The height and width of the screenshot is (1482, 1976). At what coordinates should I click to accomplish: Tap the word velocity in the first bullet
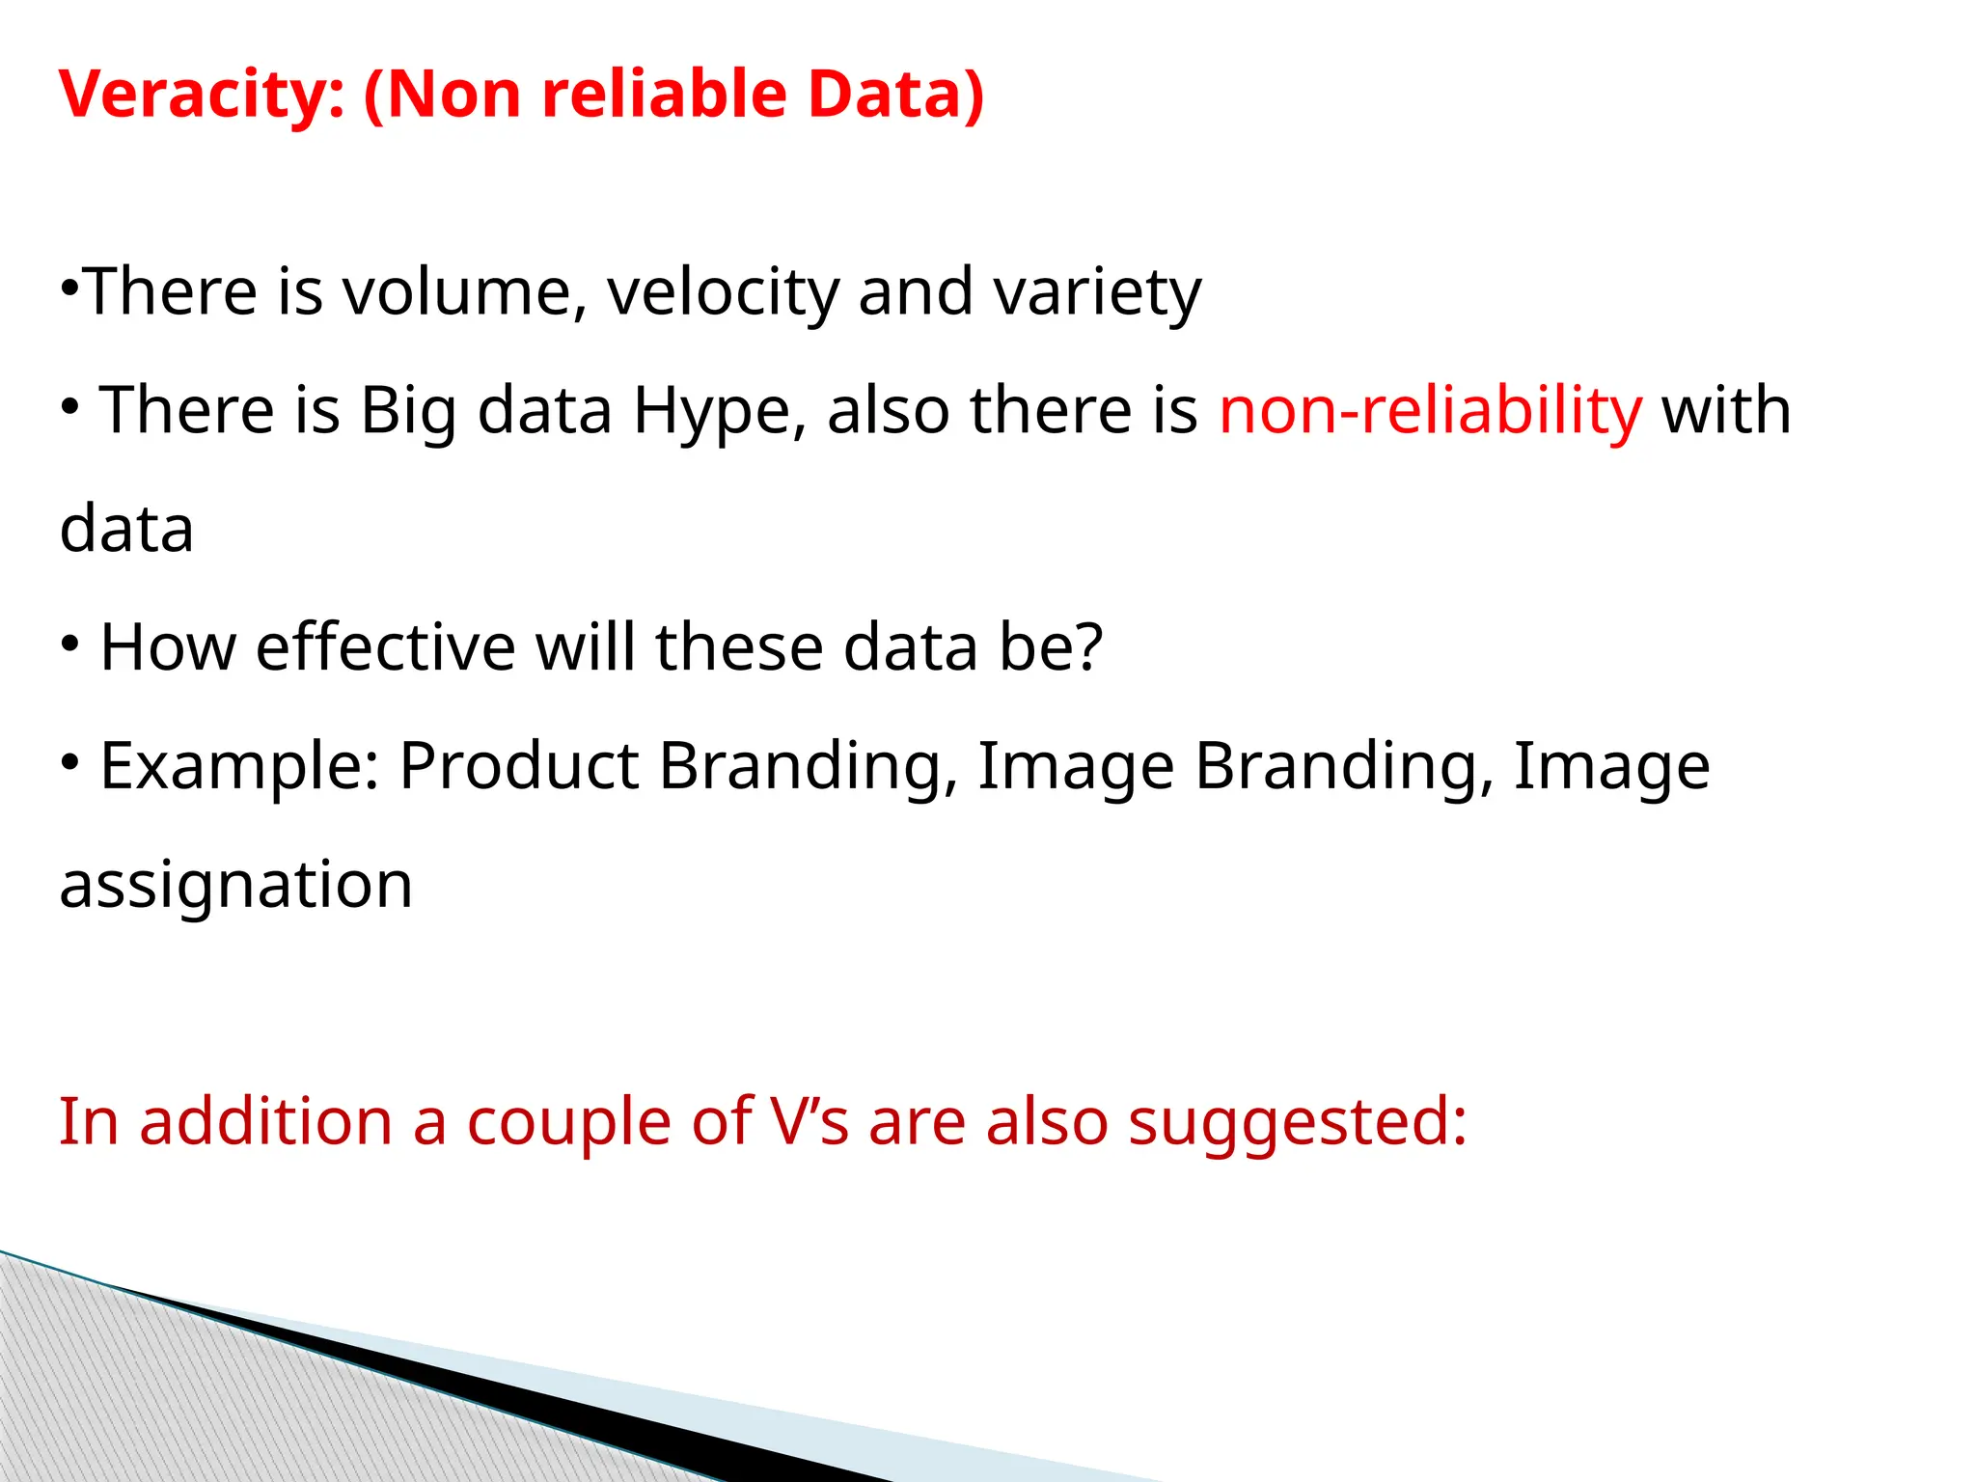pyautogui.click(x=723, y=291)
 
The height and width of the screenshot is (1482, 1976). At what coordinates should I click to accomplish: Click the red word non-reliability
pyautogui.click(x=1430, y=410)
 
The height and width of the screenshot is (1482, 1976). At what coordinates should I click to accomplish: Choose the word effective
pyautogui.click(x=385, y=646)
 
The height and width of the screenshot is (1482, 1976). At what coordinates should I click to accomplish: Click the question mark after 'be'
pyautogui.click(x=1089, y=646)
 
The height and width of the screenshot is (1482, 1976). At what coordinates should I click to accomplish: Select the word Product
pyautogui.click(x=519, y=765)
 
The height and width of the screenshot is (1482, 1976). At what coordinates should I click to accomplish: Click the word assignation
pyautogui.click(x=235, y=884)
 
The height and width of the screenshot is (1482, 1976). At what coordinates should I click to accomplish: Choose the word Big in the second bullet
pyautogui.click(x=407, y=410)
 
